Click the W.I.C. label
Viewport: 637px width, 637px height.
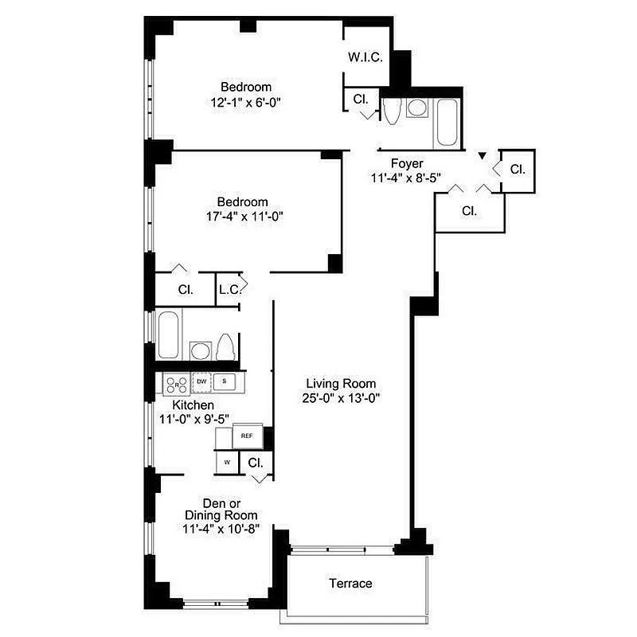366,57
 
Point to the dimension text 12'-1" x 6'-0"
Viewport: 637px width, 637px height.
246,102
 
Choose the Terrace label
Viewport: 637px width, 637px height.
350,584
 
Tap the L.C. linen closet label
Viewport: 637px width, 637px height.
229,291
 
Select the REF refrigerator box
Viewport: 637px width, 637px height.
247,436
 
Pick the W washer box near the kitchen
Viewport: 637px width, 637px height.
226,462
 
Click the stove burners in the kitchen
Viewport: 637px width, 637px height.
174,385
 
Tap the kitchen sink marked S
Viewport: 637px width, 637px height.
225,382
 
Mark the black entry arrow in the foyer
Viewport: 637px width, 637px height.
481,156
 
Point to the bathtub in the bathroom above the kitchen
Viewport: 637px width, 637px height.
169,335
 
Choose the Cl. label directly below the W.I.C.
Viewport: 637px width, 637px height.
360,100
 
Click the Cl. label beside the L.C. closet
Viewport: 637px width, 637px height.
185,290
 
